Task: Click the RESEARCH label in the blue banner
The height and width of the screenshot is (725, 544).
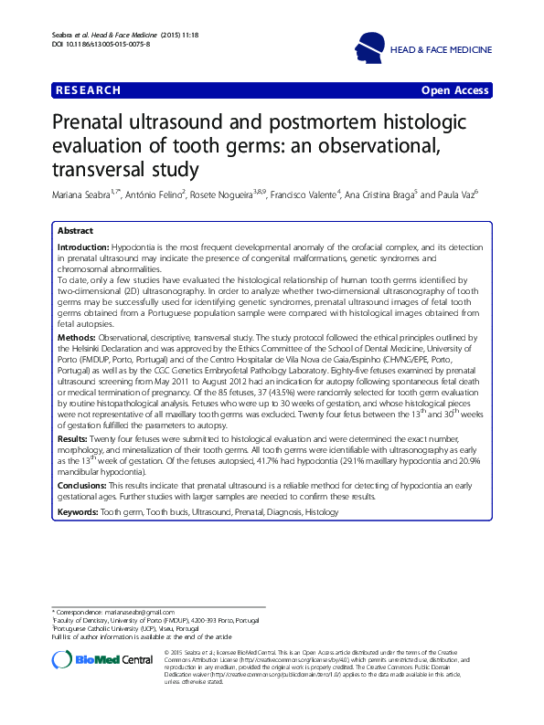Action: pyautogui.click(x=88, y=90)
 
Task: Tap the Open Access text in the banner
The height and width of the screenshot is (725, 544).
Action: pyautogui.click(x=454, y=90)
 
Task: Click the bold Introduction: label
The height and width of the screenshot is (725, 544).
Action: pyautogui.click(x=83, y=248)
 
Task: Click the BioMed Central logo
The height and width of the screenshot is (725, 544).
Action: pyautogui.click(x=101, y=660)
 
